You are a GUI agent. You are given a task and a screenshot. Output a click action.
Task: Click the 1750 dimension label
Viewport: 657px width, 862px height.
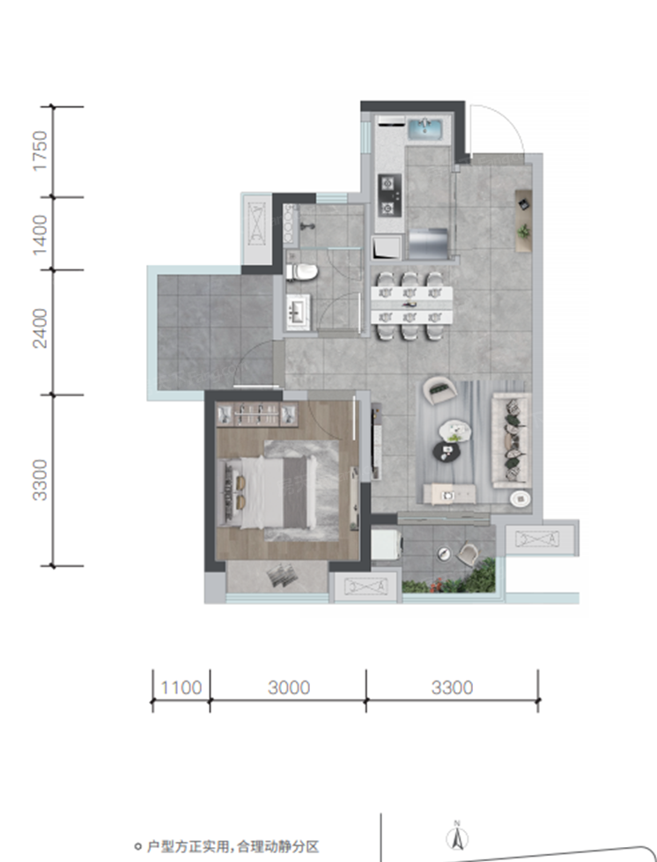[41, 151]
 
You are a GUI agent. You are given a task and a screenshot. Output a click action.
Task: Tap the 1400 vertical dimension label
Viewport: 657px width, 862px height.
[41, 235]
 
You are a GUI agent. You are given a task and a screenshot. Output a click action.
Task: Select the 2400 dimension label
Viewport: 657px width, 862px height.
[41, 328]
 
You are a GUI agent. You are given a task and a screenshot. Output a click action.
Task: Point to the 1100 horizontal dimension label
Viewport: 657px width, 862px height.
[181, 687]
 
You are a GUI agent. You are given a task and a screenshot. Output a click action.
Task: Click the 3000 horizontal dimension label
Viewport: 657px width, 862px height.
[289, 687]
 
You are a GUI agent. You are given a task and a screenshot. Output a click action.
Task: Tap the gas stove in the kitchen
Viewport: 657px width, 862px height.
[389, 195]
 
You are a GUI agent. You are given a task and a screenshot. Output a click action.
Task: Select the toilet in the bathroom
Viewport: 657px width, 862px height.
[302, 271]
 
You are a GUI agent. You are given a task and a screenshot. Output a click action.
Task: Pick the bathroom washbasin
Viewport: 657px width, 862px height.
[298, 313]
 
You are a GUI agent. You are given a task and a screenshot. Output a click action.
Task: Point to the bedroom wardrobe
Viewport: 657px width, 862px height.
[257, 415]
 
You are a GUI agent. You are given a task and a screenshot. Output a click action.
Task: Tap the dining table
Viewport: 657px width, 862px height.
[412, 306]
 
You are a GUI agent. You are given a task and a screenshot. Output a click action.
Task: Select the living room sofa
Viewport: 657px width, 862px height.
[512, 439]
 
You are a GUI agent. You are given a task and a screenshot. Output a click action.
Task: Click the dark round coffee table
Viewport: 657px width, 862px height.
[447, 452]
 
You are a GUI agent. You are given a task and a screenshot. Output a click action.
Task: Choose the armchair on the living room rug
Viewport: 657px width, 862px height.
[439, 390]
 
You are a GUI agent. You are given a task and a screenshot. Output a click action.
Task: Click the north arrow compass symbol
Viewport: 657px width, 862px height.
[457, 838]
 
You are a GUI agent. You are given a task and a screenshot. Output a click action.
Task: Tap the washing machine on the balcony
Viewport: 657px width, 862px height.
[386, 544]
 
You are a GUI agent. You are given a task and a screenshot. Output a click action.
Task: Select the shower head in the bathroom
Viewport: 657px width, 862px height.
[308, 226]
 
